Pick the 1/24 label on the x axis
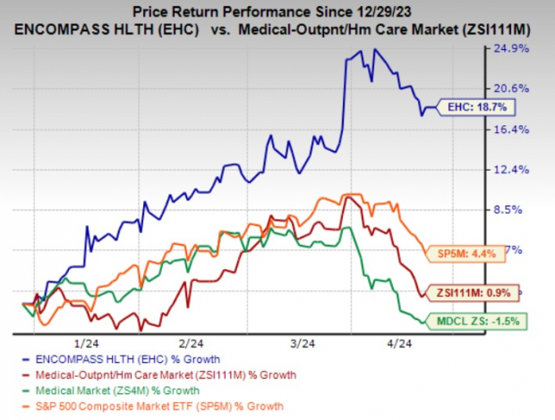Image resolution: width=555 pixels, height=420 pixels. (x=87, y=343)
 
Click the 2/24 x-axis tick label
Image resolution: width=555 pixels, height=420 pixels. (x=190, y=343)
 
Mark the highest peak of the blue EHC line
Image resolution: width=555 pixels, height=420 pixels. (x=361, y=50)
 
